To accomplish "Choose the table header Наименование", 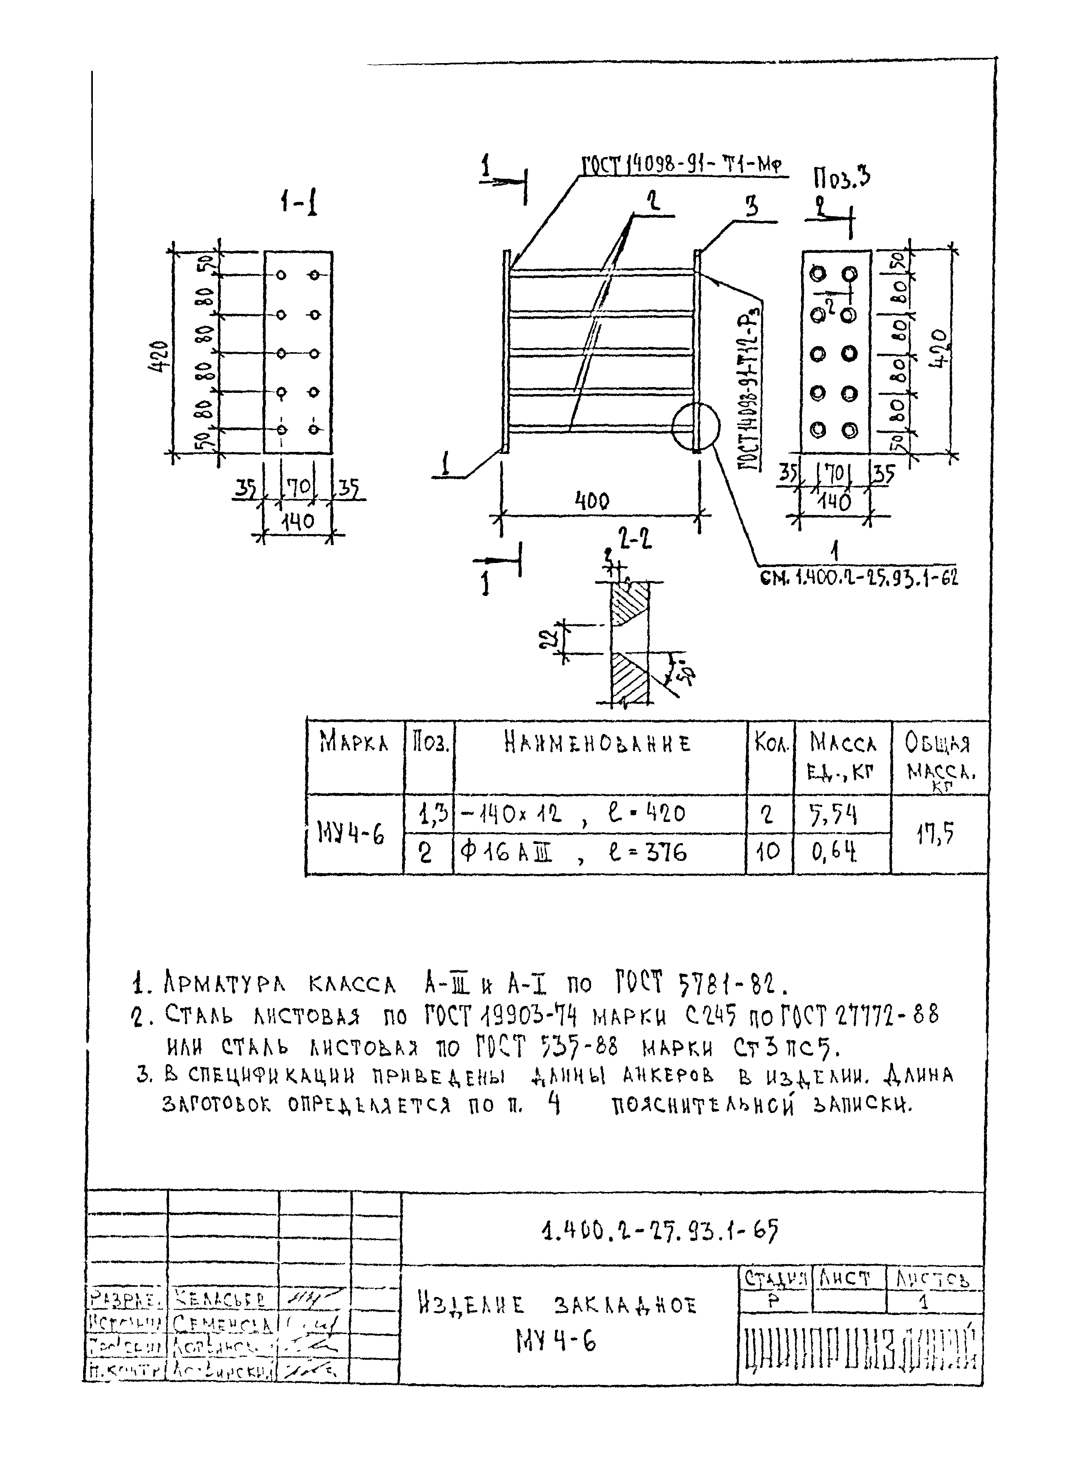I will [x=597, y=744].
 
